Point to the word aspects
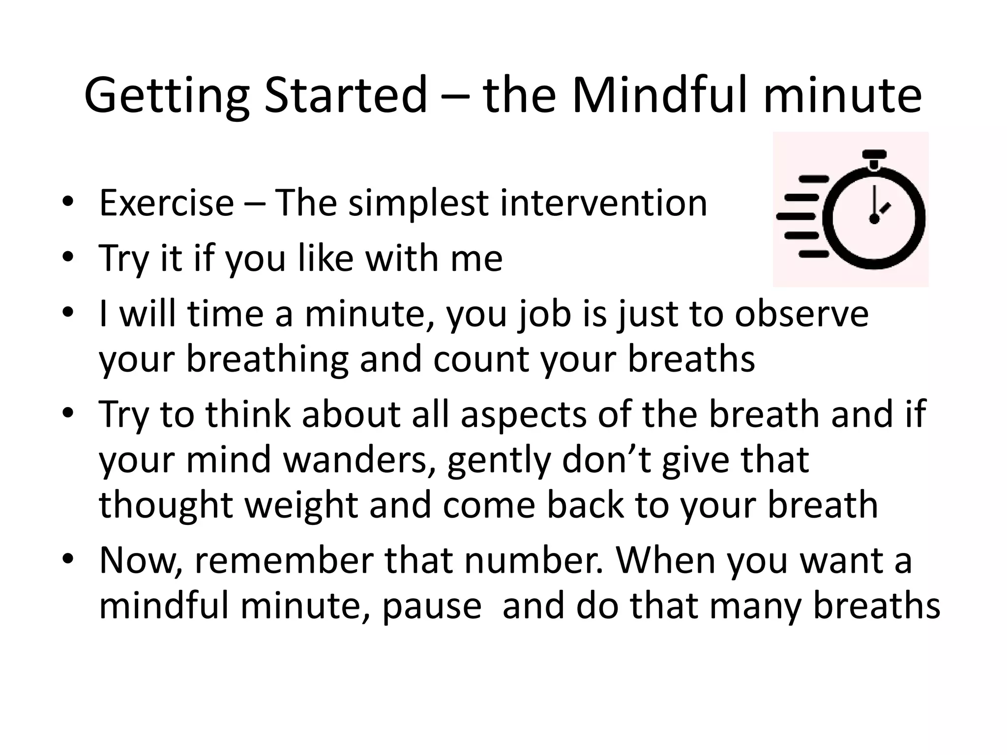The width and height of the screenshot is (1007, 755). coord(524,414)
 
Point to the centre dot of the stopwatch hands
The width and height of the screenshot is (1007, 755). coord(874,219)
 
